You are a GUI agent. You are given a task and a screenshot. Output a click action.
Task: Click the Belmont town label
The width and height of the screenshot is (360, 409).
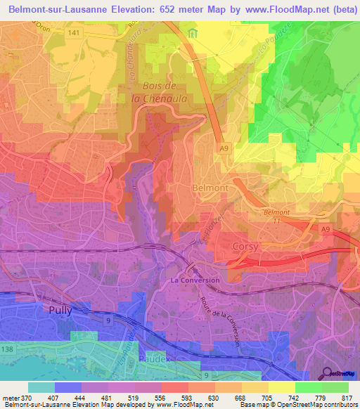[x=210, y=189]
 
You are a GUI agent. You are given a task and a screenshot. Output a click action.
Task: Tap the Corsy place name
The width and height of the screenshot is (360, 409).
[x=245, y=247]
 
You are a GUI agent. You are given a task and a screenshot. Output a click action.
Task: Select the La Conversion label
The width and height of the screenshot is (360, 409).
[x=195, y=280]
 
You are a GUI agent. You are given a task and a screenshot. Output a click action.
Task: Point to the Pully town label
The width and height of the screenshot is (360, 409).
[x=61, y=309]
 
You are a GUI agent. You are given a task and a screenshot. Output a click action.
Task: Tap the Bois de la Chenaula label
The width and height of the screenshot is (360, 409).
[x=160, y=93]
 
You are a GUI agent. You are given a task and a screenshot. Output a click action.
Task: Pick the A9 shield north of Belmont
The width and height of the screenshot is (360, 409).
[x=224, y=148]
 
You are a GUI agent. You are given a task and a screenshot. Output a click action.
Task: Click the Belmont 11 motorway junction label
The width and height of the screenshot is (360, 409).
[x=276, y=216]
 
